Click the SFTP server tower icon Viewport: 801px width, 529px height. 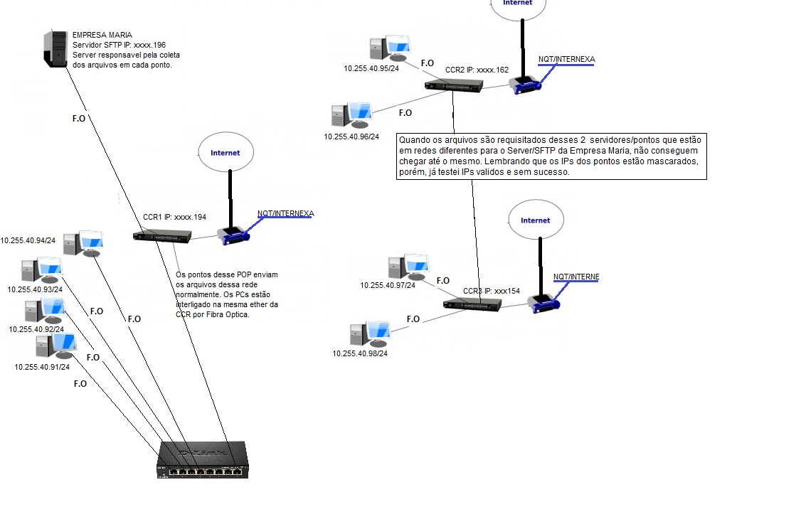pos(55,48)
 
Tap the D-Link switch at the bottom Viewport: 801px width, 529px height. pos(203,460)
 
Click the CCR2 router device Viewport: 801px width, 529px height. pos(454,85)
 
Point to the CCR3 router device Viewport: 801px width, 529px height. pos(472,304)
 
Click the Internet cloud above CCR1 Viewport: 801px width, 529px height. pos(225,153)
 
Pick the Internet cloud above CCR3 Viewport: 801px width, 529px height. pos(535,220)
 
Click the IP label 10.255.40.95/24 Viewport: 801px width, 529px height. pos(371,69)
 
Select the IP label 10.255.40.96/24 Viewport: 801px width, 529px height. pos(351,137)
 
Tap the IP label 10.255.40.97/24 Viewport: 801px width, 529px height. pos(388,285)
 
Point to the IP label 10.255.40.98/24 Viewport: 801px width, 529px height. pos(360,353)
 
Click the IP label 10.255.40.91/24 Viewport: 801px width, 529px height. pos(42,367)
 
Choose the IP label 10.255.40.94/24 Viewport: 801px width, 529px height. pos(28,240)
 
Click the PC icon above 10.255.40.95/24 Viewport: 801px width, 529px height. pos(388,48)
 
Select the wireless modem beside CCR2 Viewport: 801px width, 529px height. pos(525,85)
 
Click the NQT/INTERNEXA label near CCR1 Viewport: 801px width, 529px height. pos(285,213)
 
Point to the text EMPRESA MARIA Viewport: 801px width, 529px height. pos(102,35)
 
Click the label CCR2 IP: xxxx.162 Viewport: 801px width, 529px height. pos(477,70)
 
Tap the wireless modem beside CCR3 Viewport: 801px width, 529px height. pos(544,304)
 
